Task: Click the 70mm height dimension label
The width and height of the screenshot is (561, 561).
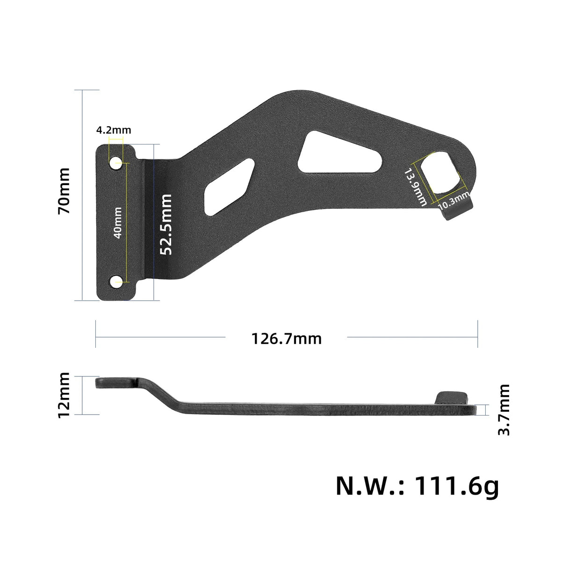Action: [64, 191]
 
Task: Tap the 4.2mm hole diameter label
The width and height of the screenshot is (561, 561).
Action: [114, 130]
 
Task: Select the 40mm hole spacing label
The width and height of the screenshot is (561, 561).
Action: [118, 223]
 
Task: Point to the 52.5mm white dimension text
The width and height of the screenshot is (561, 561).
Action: [166, 224]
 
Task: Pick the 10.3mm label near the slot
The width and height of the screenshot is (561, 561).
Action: [454, 201]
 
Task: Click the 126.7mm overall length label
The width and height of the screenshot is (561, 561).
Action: [287, 339]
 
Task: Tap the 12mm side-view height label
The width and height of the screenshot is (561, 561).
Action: [64, 395]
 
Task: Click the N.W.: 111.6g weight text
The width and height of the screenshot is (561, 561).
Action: [417, 486]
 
